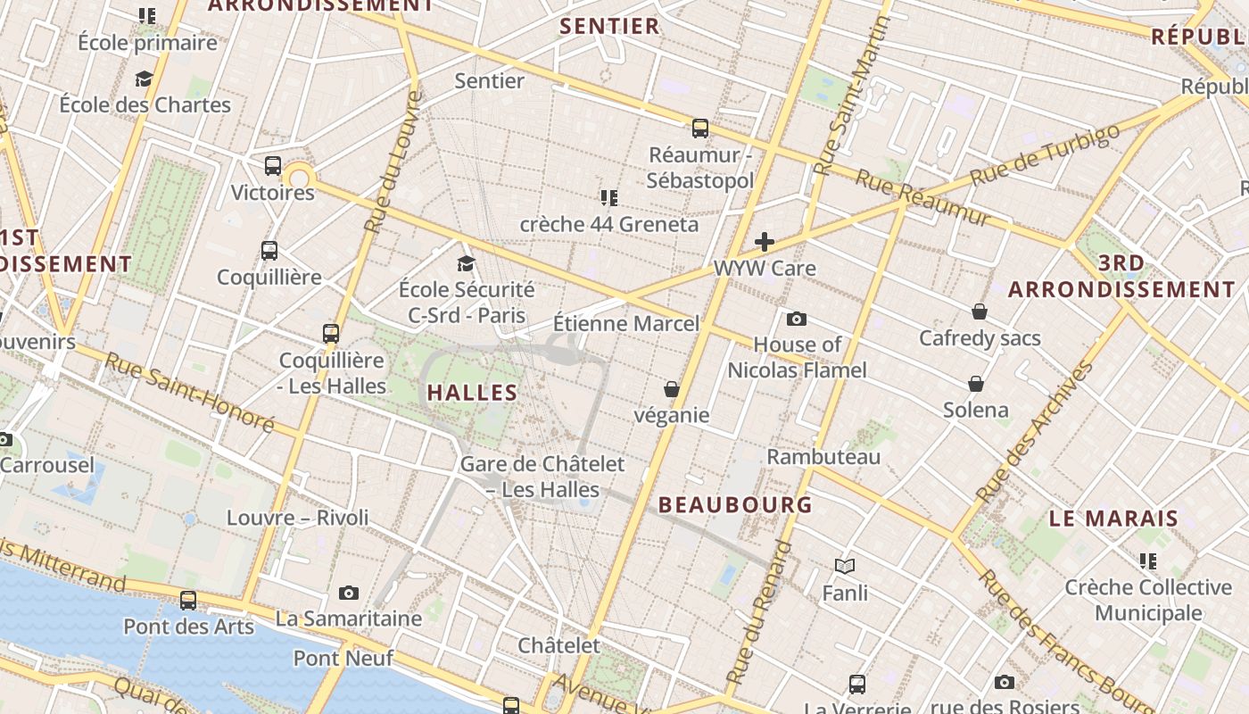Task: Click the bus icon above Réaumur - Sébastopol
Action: [700, 129]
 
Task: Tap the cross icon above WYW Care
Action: [765, 241]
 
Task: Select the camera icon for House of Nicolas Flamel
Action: [797, 319]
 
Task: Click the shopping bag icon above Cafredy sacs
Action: [980, 311]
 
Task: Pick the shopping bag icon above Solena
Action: [976, 384]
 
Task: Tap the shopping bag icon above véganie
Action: [671, 389]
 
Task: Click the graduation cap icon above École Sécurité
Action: [466, 263]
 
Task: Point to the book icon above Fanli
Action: [845, 566]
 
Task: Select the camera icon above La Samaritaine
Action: [349, 593]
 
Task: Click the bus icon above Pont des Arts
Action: [188, 600]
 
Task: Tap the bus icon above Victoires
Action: [273, 166]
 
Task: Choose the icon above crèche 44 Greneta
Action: [609, 197]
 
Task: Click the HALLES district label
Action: [472, 392]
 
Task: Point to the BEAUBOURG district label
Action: [736, 504]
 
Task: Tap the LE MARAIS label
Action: [1113, 518]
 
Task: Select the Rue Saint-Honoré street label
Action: [189, 392]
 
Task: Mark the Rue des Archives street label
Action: [1035, 431]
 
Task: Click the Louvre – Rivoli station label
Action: [297, 518]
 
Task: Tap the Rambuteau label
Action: [823, 457]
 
